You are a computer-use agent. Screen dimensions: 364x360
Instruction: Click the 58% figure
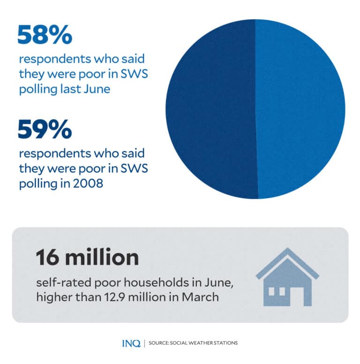coord(45,35)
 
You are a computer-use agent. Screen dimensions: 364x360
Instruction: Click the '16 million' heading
coord(87,258)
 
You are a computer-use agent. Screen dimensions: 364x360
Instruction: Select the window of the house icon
coord(277,291)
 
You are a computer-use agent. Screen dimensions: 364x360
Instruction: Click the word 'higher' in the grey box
coord(49,296)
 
